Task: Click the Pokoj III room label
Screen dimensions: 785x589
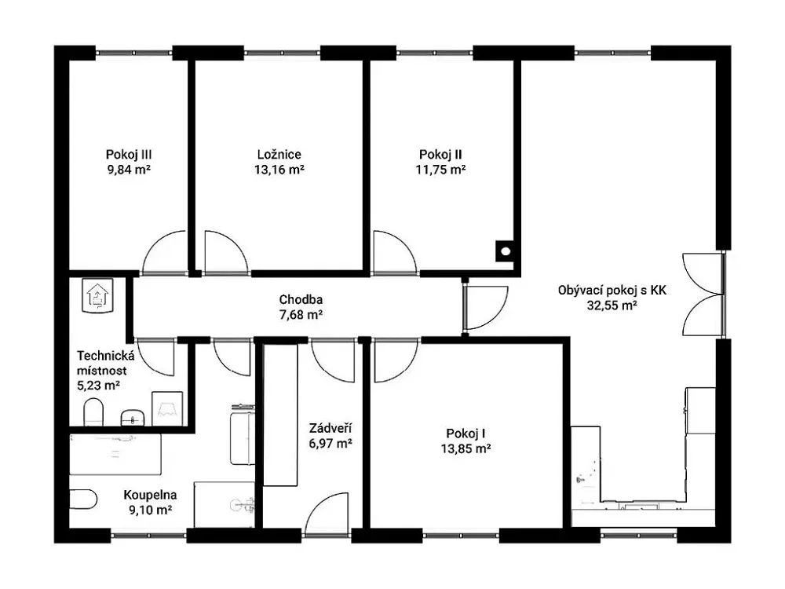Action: [x=129, y=154]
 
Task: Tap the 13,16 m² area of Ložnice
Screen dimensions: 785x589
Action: [x=279, y=170]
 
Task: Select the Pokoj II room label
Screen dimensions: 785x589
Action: [x=440, y=154]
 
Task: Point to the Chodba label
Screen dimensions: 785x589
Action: [x=301, y=299]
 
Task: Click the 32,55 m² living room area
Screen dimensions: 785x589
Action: [x=612, y=305]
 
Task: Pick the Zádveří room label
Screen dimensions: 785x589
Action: [x=330, y=428]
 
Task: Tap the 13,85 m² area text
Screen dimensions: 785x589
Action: [x=466, y=448]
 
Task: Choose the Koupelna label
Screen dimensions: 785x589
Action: [x=150, y=495]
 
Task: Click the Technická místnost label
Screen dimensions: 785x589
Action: [x=106, y=363]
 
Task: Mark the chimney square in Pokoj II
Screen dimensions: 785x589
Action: [x=506, y=251]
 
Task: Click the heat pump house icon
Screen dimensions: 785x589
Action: [x=97, y=295]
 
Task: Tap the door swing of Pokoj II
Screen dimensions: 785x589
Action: [x=395, y=253]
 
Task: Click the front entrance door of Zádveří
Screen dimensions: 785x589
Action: [x=327, y=514]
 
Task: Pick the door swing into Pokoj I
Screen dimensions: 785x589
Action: [x=396, y=360]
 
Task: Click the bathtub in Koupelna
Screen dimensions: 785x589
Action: [x=115, y=454]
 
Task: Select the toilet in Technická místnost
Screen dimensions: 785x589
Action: [x=93, y=412]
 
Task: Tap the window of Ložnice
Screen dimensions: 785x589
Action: [x=282, y=53]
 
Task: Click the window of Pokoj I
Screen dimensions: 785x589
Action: [x=461, y=536]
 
